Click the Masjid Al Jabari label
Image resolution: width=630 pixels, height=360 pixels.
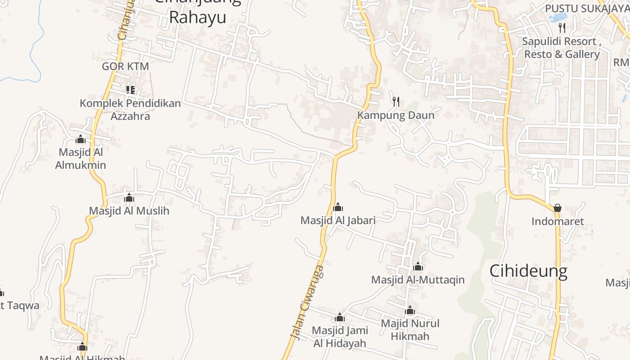click(x=338, y=220)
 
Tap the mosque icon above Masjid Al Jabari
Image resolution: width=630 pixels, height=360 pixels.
click(x=338, y=207)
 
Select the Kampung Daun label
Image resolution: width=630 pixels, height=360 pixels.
click(x=396, y=115)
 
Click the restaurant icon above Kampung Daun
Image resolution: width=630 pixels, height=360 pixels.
click(x=396, y=102)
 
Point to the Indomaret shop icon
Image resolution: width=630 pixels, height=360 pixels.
click(x=558, y=208)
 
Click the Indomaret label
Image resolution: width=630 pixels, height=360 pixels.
click(x=558, y=221)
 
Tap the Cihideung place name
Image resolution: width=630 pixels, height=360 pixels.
click(x=528, y=271)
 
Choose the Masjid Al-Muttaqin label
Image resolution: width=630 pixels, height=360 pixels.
click(x=418, y=280)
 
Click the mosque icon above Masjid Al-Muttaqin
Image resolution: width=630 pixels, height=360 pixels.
click(x=418, y=266)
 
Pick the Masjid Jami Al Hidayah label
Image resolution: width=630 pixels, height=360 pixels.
click(x=340, y=337)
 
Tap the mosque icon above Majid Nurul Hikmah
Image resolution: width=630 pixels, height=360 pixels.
click(x=410, y=310)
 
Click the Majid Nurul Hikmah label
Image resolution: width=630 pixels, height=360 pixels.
click(x=410, y=329)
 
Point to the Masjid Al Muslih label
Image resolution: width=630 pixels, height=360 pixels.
click(x=129, y=211)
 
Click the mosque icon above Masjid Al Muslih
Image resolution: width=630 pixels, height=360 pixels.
click(x=129, y=198)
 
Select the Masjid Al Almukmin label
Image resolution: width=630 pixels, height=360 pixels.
click(x=81, y=158)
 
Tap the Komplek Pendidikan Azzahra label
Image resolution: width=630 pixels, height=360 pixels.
click(x=130, y=109)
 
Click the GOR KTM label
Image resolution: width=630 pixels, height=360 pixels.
click(x=125, y=66)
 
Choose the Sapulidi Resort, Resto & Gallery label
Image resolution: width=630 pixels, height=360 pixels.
click(x=562, y=48)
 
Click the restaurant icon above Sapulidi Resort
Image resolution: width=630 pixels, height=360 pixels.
click(x=562, y=28)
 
